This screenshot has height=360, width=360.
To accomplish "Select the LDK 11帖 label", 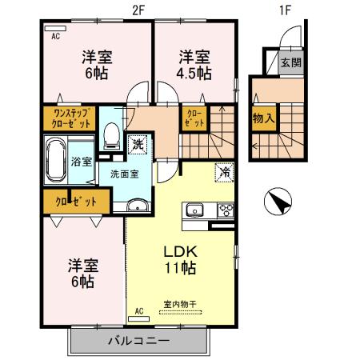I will click(181, 258).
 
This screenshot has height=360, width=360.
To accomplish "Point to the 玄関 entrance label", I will click(292, 62).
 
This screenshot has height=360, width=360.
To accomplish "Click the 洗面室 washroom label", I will click(123, 174).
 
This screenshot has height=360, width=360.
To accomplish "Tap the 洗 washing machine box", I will click(138, 145).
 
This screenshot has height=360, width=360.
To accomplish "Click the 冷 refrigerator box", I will click(225, 170).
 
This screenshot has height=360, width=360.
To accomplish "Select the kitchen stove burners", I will click(225, 211).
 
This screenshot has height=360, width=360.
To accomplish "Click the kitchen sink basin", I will click(195, 211).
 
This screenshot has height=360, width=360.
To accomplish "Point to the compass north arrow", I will click(278, 202).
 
